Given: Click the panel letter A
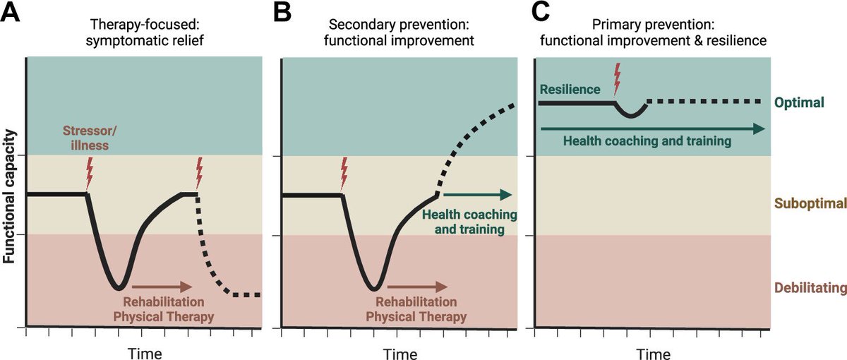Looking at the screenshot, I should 11,13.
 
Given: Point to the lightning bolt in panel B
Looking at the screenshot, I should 344,173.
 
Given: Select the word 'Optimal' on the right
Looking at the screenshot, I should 800,103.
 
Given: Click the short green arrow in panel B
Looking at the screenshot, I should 477,195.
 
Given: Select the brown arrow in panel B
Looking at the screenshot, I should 416,287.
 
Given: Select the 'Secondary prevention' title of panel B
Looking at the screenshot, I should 400,22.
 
